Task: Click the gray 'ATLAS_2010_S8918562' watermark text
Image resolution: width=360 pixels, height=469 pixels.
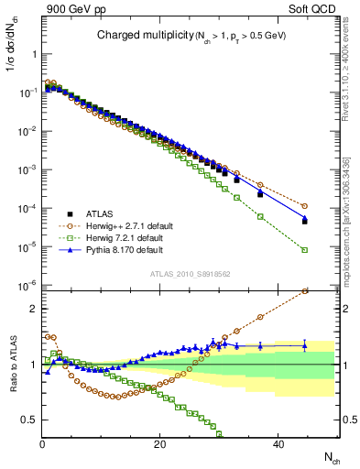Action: click(188, 274)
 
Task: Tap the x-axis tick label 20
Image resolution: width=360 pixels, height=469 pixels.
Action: click(159, 443)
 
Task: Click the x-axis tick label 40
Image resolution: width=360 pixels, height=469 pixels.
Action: click(276, 443)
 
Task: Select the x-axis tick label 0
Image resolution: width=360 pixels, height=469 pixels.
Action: click(42, 443)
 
